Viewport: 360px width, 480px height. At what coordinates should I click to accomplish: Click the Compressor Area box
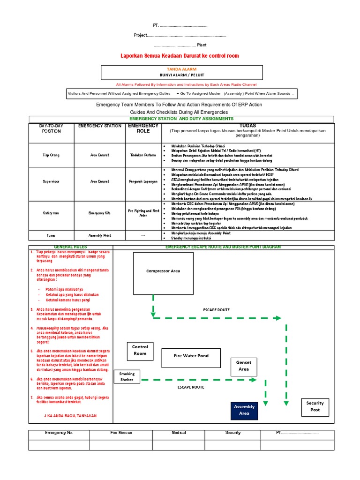click(x=163, y=271)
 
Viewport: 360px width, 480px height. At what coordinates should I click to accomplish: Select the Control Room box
click(x=140, y=350)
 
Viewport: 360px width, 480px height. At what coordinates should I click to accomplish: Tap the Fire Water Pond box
click(x=191, y=356)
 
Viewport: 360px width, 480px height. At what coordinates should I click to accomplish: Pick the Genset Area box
click(x=244, y=366)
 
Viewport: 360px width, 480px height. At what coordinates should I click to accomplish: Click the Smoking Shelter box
click(x=127, y=376)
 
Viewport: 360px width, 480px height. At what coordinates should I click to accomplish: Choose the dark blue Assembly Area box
click(x=244, y=410)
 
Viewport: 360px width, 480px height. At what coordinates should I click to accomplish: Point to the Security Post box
click(x=315, y=406)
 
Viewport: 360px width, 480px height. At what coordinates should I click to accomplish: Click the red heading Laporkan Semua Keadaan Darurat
click(x=180, y=56)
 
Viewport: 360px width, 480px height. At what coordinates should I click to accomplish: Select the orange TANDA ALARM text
click(x=181, y=69)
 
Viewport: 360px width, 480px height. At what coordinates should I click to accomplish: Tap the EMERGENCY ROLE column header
click(x=143, y=128)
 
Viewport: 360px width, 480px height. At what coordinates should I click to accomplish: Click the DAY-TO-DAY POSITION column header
click(x=51, y=128)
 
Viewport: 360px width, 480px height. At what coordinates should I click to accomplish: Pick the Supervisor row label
click(x=51, y=181)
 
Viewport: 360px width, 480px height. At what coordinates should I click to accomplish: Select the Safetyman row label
click(x=51, y=213)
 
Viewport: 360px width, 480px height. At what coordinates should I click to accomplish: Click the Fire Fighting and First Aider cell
click(x=143, y=213)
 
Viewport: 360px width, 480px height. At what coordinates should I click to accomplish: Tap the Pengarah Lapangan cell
click(x=143, y=181)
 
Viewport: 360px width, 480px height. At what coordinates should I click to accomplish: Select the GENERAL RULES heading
click(x=70, y=247)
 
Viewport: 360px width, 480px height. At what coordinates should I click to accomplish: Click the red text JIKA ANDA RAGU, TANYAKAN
click(x=70, y=415)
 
